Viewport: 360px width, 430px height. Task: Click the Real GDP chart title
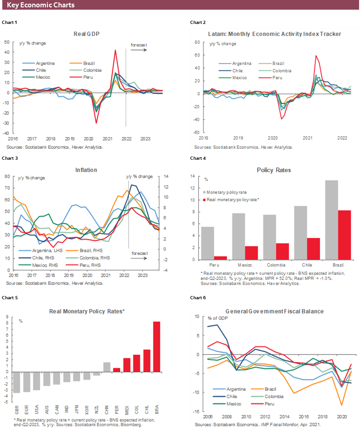click(x=87, y=34)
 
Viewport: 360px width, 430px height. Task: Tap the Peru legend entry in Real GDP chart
click(x=89, y=77)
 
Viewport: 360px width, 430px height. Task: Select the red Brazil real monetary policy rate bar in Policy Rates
click(x=345, y=235)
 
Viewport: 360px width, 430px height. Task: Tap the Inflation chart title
click(x=86, y=170)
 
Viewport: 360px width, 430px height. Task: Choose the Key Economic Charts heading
click(x=41, y=5)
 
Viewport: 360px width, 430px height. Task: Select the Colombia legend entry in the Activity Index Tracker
click(x=282, y=71)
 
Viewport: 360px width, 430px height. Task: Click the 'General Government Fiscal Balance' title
click(x=274, y=311)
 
